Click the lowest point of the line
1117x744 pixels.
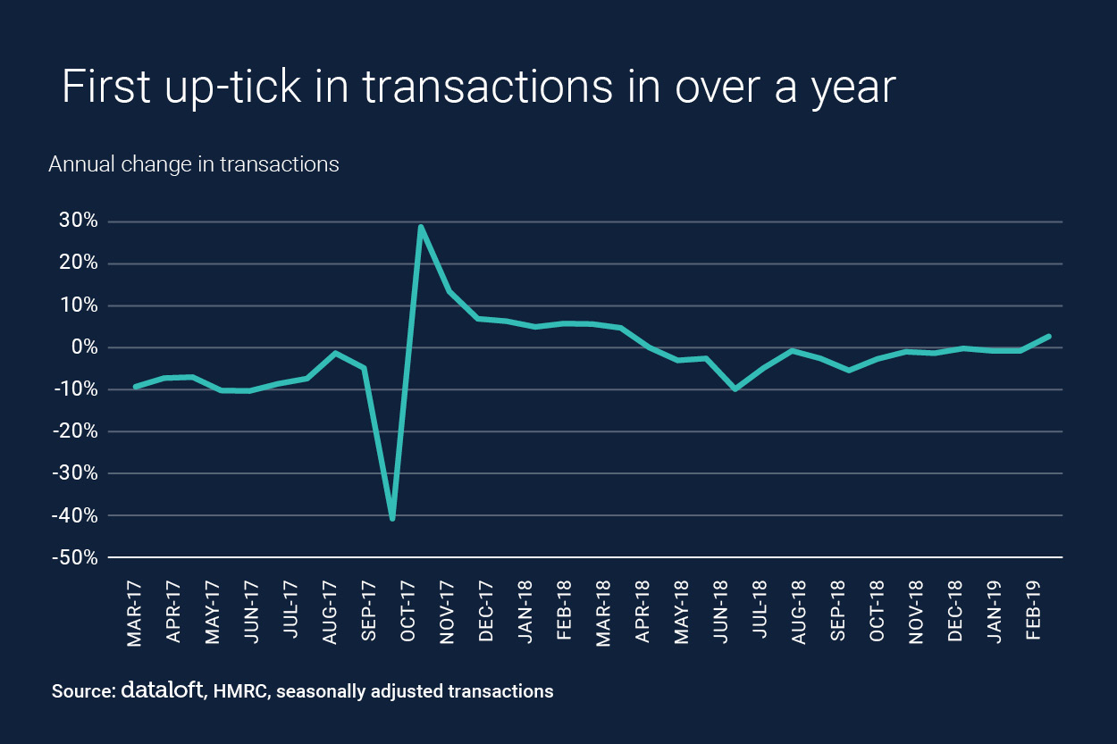click(392, 518)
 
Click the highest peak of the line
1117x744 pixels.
click(420, 227)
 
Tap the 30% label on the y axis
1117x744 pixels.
click(74, 222)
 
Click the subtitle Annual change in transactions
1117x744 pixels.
click(194, 164)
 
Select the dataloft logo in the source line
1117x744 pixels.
click(162, 690)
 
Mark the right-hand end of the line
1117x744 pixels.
click(1049, 337)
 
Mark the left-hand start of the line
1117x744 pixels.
click(135, 387)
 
